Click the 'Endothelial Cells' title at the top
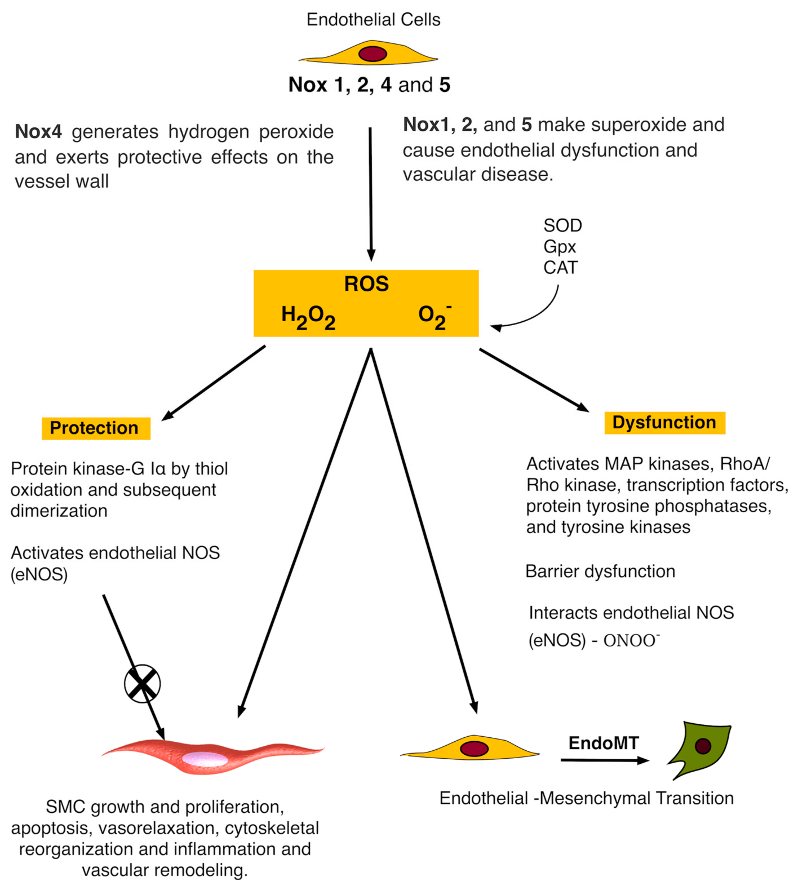coord(373,20)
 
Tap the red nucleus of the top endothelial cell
coord(373,54)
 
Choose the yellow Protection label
coord(96,428)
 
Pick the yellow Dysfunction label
coord(664,422)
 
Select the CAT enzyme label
coord(560,268)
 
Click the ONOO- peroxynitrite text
coord(631,641)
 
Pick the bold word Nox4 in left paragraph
coord(39,132)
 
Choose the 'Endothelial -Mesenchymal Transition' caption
coord(586,798)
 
